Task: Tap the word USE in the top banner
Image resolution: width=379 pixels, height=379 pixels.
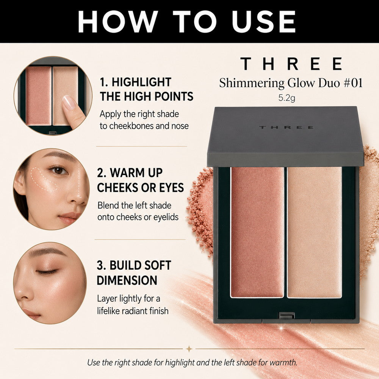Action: point(264,22)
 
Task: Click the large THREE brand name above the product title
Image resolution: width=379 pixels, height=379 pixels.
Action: point(291,64)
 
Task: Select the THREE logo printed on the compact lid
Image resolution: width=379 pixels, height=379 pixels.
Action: point(287,127)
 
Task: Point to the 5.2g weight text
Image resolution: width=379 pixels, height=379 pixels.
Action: point(287,98)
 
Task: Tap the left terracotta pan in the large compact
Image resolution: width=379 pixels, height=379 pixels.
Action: point(257,232)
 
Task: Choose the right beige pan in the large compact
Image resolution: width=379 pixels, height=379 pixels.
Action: point(315,232)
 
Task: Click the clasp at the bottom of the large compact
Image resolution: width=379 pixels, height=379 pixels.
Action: point(287,316)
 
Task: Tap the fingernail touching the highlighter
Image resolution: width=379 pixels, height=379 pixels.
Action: point(69,102)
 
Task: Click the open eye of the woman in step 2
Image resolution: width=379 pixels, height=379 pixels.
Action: point(58,171)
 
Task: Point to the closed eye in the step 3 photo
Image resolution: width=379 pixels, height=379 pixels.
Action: point(47,272)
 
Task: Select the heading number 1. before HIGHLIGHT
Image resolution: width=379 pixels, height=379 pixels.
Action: point(104,82)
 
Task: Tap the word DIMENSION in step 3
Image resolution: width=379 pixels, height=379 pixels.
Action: point(127,280)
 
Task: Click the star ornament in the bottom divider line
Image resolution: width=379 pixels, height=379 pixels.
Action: point(189,349)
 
